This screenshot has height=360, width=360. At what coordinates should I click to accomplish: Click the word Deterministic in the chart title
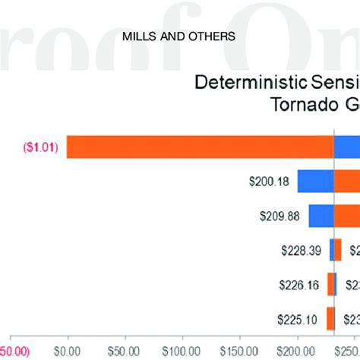[238, 83]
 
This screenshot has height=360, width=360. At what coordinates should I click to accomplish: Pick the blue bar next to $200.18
[315, 182]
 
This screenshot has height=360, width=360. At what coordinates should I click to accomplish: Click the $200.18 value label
[270, 182]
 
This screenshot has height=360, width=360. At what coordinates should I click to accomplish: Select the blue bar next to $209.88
[321, 216]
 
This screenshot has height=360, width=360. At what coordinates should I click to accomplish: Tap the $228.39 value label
[302, 251]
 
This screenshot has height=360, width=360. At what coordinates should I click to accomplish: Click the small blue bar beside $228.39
[332, 251]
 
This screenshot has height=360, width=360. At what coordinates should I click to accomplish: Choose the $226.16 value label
[300, 285]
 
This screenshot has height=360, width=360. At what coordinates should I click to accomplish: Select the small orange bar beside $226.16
[330, 285]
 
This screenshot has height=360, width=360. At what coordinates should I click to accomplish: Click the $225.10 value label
[300, 319]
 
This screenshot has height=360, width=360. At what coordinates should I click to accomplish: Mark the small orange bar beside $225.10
[330, 319]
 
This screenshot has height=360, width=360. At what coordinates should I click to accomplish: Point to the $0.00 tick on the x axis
[68, 351]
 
